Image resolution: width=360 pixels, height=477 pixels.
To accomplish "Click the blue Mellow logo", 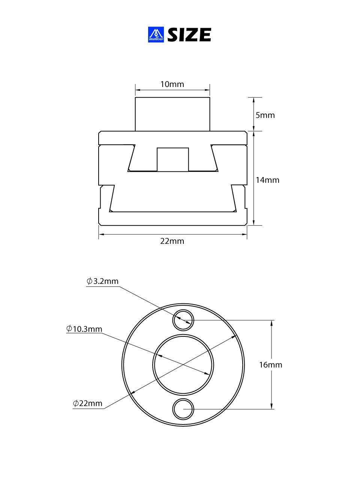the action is [156, 34].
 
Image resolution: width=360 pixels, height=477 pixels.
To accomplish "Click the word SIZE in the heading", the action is [189, 34].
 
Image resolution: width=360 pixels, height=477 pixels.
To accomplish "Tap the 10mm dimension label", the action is [172, 84].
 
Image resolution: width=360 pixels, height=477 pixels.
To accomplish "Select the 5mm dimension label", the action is [265, 115].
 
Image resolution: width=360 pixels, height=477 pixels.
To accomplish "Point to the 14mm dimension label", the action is [267, 180].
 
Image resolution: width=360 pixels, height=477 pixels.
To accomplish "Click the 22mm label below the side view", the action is [172, 241].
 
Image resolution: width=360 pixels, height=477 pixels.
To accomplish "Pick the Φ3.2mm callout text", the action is [102, 281].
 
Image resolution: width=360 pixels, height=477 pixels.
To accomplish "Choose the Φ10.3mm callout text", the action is [84, 329].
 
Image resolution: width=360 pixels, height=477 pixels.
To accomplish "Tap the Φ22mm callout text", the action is [87, 403].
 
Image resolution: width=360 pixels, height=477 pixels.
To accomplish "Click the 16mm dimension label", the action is [270, 364].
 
